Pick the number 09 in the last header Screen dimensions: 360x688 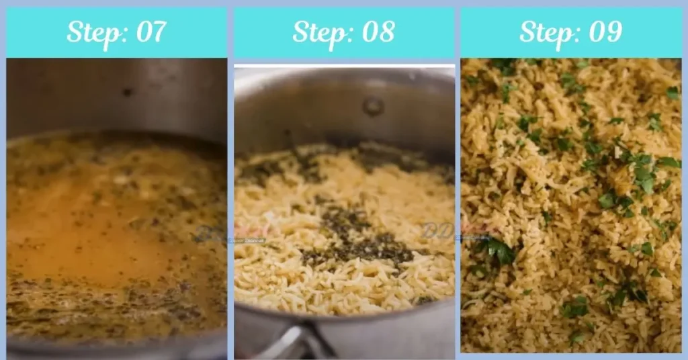tap(603, 32)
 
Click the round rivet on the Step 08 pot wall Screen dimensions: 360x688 tap(373, 105)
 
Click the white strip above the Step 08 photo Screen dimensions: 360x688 tap(344, 65)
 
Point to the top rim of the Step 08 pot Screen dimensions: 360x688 tap(344, 72)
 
